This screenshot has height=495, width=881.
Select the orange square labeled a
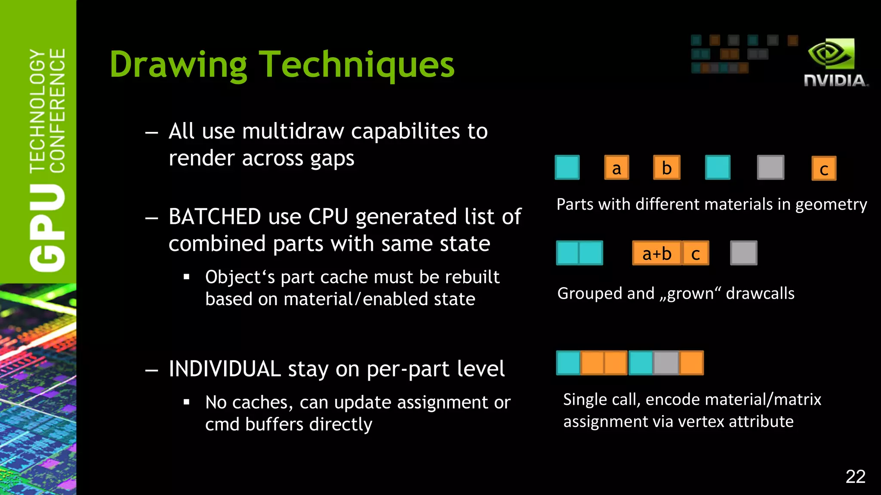pos(616,168)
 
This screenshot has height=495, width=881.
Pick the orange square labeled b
pos(667,168)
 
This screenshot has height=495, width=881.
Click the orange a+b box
pos(657,253)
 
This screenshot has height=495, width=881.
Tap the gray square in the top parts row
pos(770,167)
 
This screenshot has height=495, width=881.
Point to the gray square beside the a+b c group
pos(743,253)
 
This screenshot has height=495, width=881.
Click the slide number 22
pos(855,477)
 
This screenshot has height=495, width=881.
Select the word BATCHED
pos(214,217)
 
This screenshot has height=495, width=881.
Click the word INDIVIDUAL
pos(225,369)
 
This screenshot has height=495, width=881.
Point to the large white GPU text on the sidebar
pos(47,228)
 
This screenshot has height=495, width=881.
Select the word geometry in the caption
pos(831,205)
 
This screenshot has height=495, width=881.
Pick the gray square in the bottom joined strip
pos(666,363)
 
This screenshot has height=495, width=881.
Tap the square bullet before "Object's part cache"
pos(186,277)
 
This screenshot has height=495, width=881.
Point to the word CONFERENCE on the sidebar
pos(58,110)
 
